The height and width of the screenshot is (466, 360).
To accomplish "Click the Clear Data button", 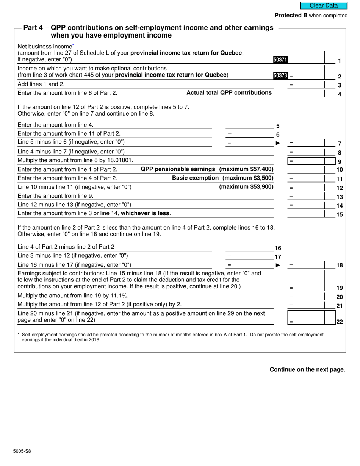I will click(x=324, y=6).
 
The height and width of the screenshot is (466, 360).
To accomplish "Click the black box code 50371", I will click(x=280, y=59).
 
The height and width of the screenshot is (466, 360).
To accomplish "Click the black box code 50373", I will click(x=280, y=75).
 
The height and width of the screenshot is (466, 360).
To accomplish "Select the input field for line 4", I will click(x=306, y=93).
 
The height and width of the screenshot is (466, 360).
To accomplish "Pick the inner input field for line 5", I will click(x=244, y=125).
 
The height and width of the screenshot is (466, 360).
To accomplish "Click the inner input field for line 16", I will click(x=244, y=247).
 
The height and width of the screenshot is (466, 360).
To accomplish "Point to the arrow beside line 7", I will click(x=278, y=143).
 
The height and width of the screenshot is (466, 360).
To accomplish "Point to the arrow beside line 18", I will click(x=278, y=265).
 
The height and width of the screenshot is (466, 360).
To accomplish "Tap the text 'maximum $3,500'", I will click(x=249, y=178).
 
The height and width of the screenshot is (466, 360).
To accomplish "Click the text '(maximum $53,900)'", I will click(x=246, y=187).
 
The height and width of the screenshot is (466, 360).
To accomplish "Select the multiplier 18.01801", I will click(x=120, y=160).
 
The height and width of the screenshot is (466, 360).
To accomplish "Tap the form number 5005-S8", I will click(x=22, y=451).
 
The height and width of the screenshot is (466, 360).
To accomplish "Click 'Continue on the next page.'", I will click(x=307, y=369).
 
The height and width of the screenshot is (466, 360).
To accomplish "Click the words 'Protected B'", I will click(x=291, y=16).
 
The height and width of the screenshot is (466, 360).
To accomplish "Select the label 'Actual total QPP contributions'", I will click(x=229, y=93).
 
